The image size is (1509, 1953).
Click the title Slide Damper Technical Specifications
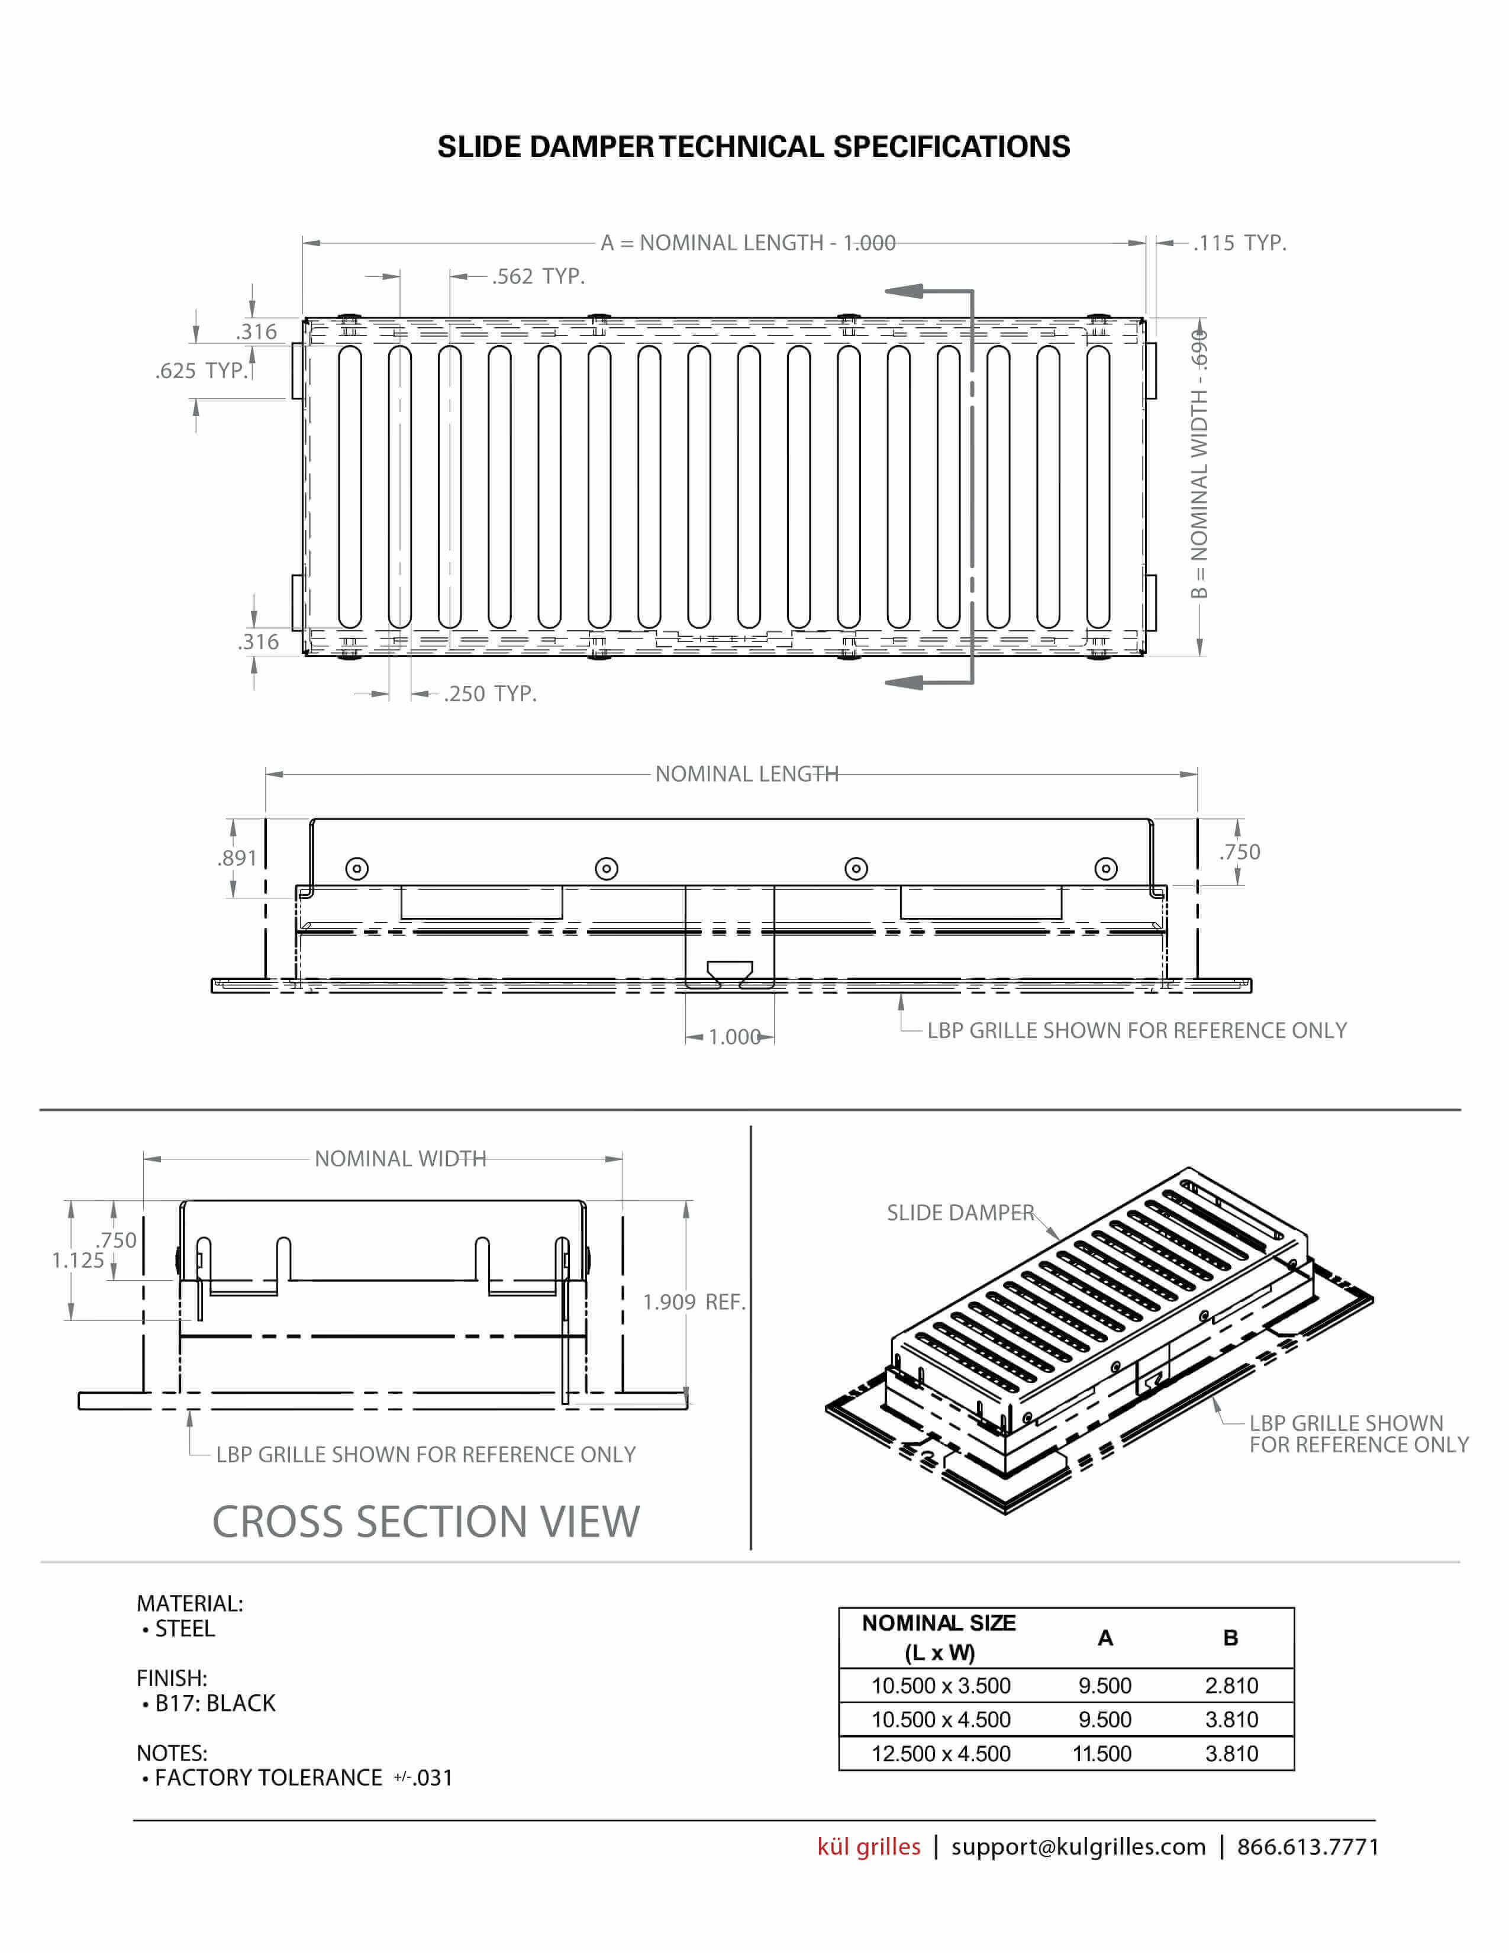click(753, 147)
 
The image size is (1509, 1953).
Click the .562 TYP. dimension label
click(538, 276)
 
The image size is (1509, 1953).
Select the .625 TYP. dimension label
click(201, 370)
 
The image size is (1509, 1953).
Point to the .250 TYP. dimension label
click(490, 694)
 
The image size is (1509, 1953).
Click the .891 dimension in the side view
click(237, 858)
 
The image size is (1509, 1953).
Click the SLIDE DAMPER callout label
click(960, 1213)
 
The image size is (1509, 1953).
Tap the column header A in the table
click(1105, 1638)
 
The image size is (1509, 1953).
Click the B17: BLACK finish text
click(215, 1703)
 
